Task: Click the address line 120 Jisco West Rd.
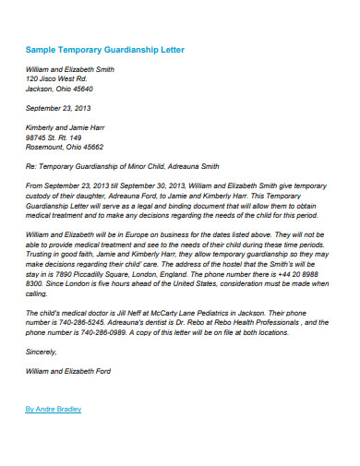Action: [x=54, y=78]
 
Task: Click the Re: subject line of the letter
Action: [x=123, y=167]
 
